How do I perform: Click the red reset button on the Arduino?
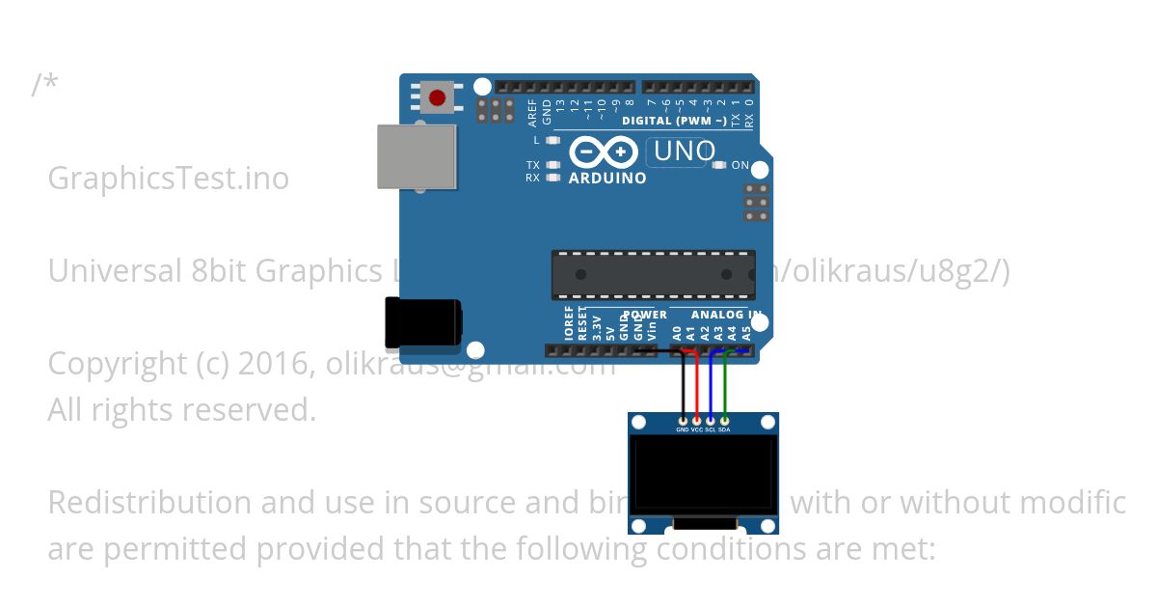click(438, 97)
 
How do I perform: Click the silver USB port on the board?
click(416, 156)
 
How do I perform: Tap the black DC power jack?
click(421, 322)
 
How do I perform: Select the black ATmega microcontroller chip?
click(653, 275)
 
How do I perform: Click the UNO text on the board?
click(685, 152)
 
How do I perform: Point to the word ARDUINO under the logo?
click(607, 179)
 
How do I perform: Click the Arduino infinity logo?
click(604, 152)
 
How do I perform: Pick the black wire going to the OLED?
click(684, 386)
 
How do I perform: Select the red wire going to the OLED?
click(697, 386)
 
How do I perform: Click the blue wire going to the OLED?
click(711, 386)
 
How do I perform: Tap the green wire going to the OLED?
click(724, 386)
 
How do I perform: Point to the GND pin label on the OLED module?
click(683, 429)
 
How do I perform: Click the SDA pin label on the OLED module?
click(724, 429)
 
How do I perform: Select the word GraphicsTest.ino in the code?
click(168, 179)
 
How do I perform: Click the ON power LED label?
click(740, 165)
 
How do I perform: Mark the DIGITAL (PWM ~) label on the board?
click(674, 121)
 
